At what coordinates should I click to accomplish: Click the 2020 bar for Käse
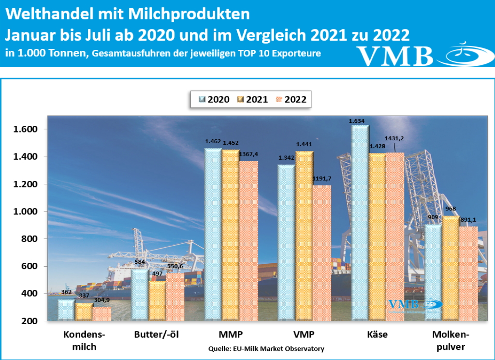point(360,223)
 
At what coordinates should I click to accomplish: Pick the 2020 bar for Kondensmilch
point(66,310)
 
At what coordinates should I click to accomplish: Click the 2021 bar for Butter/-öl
point(157,300)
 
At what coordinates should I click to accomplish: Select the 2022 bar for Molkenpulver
point(468,273)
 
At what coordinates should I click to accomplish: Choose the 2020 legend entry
point(213,99)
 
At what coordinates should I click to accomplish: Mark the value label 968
point(451,209)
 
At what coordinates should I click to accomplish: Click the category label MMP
point(231,334)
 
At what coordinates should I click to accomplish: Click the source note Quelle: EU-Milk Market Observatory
point(266,348)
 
